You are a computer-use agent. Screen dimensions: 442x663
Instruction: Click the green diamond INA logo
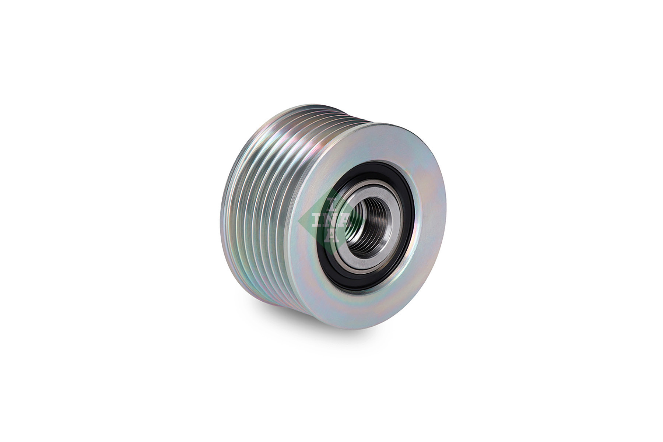coord(324,221)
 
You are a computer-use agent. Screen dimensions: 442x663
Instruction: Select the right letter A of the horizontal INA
coord(344,221)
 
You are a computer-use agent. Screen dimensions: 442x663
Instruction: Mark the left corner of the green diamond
coord(299,221)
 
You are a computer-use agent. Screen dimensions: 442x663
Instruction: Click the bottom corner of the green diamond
coord(331,254)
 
